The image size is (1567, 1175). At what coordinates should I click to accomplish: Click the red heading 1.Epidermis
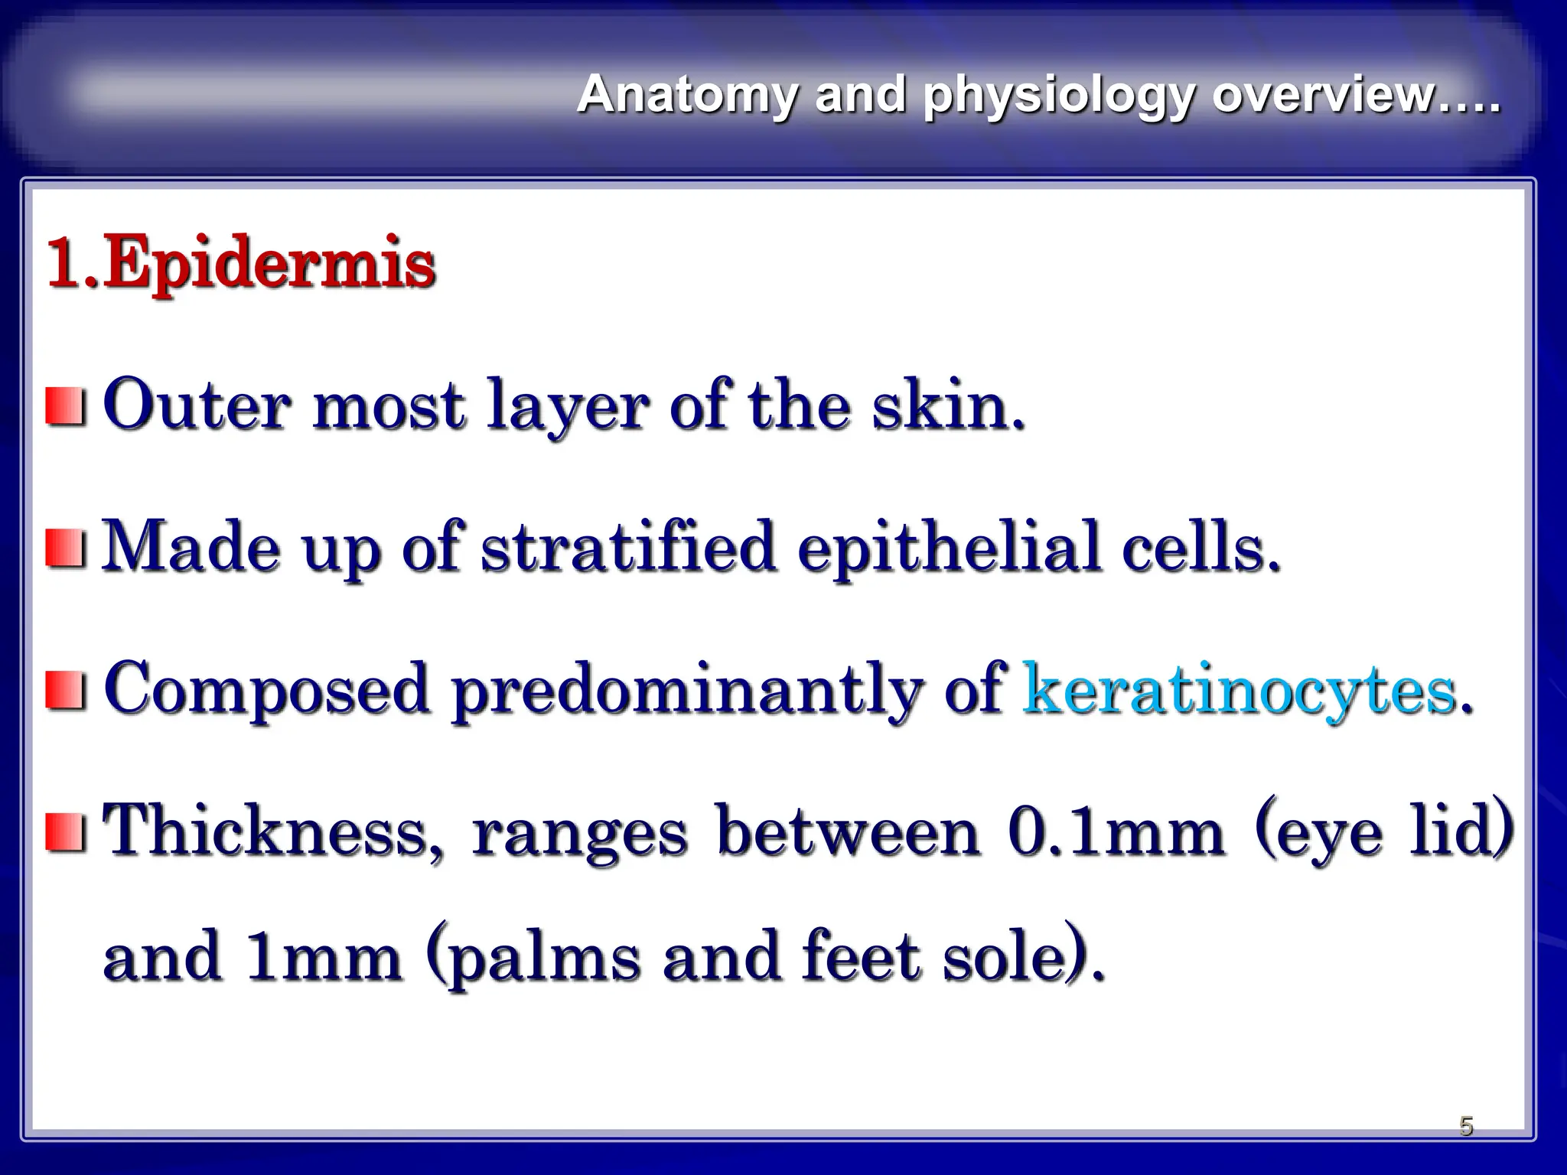[x=241, y=264]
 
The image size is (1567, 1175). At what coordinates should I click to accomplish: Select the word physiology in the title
[x=1057, y=96]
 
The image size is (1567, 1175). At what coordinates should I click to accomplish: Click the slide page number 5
[x=1465, y=1125]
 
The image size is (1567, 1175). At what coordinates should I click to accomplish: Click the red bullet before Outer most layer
[x=64, y=406]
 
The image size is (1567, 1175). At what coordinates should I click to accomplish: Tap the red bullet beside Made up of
[x=64, y=548]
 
